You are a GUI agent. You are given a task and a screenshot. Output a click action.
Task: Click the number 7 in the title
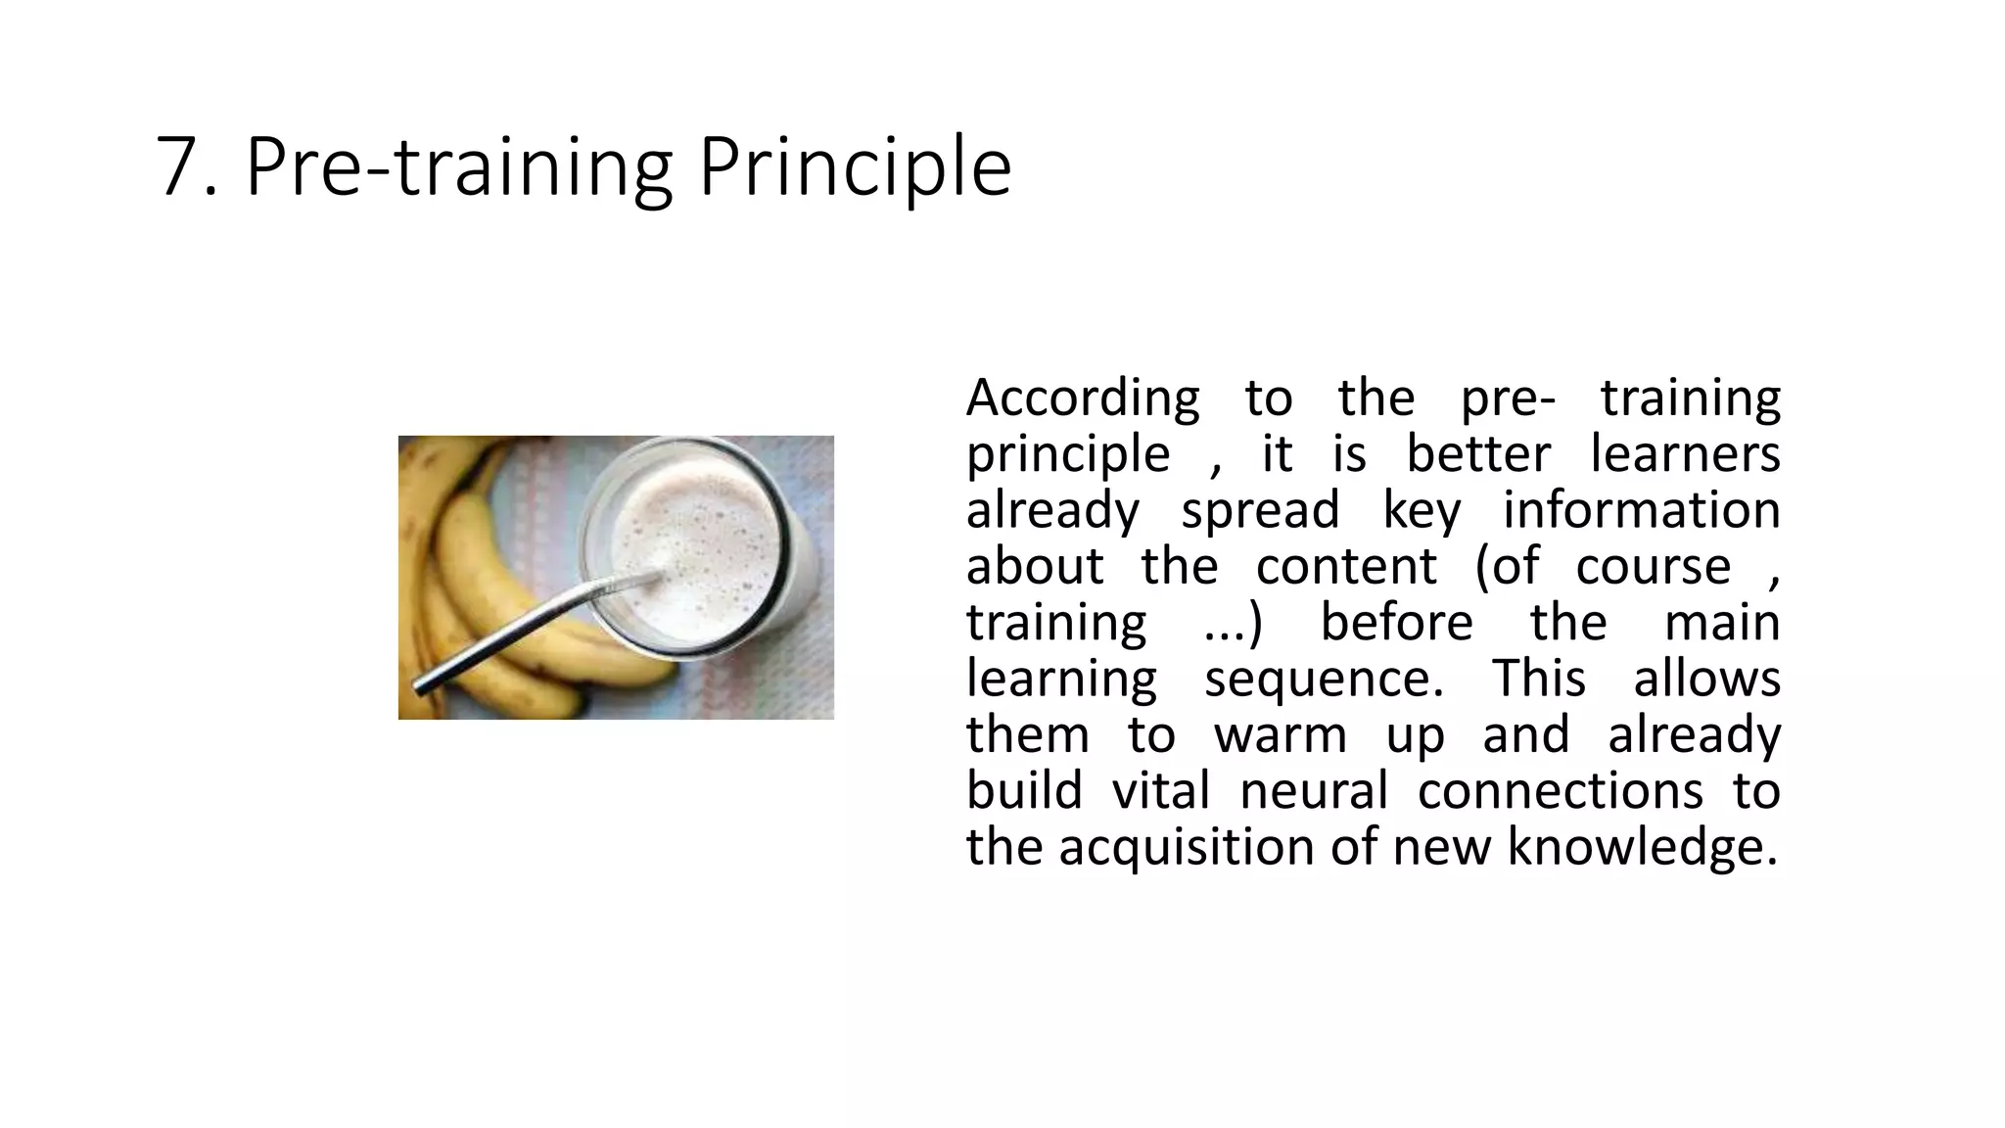177,168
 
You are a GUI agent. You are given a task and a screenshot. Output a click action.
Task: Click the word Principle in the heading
854,168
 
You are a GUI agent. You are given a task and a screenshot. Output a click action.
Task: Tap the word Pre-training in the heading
458,168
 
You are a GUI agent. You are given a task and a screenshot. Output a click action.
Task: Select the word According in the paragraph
1082,399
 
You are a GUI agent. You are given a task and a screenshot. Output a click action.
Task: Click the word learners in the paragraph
1685,455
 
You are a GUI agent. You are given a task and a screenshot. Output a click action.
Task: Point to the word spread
1260,511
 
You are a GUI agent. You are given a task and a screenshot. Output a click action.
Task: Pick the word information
1641,511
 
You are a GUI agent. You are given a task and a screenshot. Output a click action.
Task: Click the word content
1346,567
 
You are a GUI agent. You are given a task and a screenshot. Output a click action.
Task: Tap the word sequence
1323,680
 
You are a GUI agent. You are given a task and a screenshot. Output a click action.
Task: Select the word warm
1281,735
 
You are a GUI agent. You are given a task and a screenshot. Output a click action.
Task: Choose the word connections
1560,791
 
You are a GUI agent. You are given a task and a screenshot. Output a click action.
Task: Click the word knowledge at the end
1641,847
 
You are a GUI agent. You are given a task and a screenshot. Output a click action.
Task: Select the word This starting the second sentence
1538,680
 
